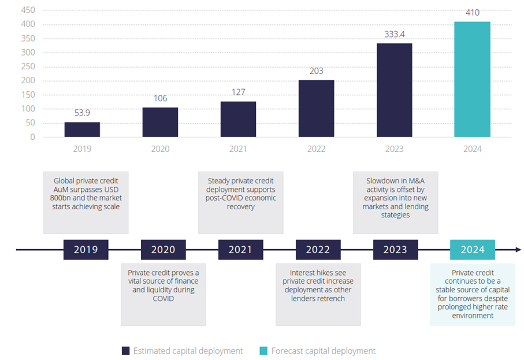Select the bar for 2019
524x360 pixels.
[82, 129]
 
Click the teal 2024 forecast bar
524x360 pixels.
[472, 80]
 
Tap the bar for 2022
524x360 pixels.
[316, 108]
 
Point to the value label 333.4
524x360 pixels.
[395, 35]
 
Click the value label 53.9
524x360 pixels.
[82, 113]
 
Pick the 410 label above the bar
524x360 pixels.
[472, 12]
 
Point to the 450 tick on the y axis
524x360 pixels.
[27, 10]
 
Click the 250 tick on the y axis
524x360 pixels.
[27, 66]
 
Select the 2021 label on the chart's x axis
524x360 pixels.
[238, 149]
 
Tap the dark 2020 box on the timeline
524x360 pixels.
[163, 250]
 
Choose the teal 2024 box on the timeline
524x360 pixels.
[473, 250]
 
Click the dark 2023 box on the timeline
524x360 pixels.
[395, 250]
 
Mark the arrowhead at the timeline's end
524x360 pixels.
[518, 250]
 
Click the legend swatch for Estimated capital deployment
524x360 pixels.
[125, 351]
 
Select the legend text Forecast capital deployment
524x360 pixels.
[324, 351]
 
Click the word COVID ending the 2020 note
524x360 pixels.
[163, 298]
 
